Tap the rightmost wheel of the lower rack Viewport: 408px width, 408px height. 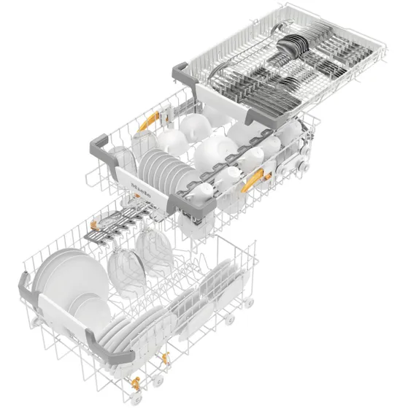click(250, 301)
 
